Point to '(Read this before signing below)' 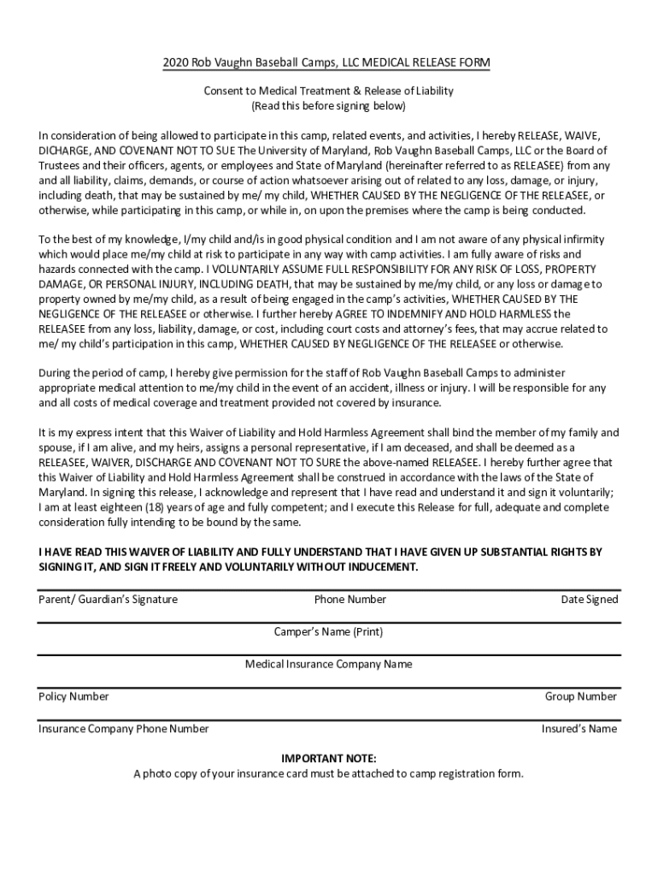click(328, 107)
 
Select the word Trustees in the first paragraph click(59, 165)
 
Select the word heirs click(216, 447)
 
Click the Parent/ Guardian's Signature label click(108, 600)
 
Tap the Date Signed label click(589, 600)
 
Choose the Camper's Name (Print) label click(328, 632)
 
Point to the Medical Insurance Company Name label click(328, 665)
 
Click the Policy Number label click(73, 696)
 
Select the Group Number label click(580, 696)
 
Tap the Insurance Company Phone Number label click(123, 729)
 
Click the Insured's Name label click(579, 729)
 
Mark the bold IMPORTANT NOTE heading click(328, 759)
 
